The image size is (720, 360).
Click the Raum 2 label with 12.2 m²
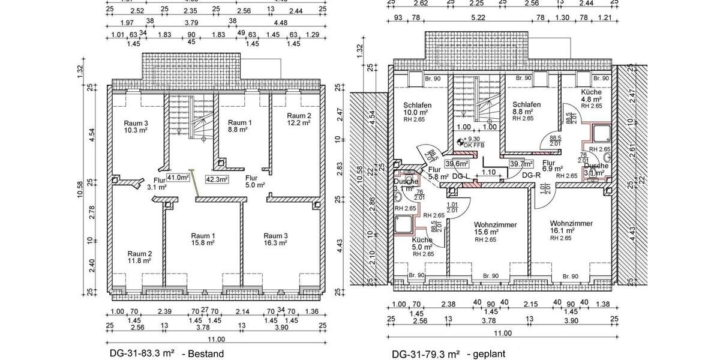point(298,119)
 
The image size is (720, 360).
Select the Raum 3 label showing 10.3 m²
point(136,126)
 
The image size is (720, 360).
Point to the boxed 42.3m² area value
point(217,179)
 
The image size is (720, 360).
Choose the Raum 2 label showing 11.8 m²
point(139,257)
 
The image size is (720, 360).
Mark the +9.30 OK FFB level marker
point(471,143)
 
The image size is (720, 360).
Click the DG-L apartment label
point(460,176)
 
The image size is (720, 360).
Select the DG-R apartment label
point(532,175)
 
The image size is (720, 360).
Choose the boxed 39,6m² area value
point(456,163)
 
